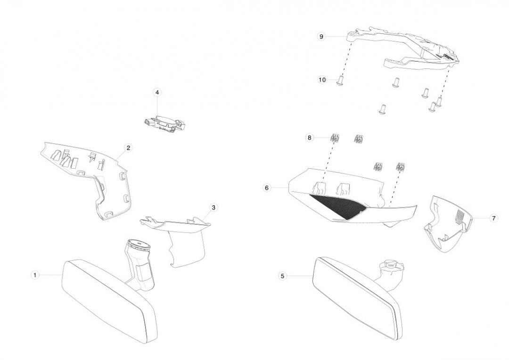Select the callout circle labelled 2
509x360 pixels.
tap(128, 148)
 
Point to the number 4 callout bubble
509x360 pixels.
tap(157, 92)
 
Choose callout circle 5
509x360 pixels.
tap(282, 276)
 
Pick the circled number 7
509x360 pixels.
tap(493, 219)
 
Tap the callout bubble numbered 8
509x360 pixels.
tap(310, 138)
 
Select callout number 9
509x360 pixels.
tap(321, 36)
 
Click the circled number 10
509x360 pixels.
tap(322, 80)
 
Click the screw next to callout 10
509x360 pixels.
tap(339, 82)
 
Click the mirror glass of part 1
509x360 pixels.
tap(106, 297)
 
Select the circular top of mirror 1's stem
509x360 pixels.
tap(139, 245)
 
